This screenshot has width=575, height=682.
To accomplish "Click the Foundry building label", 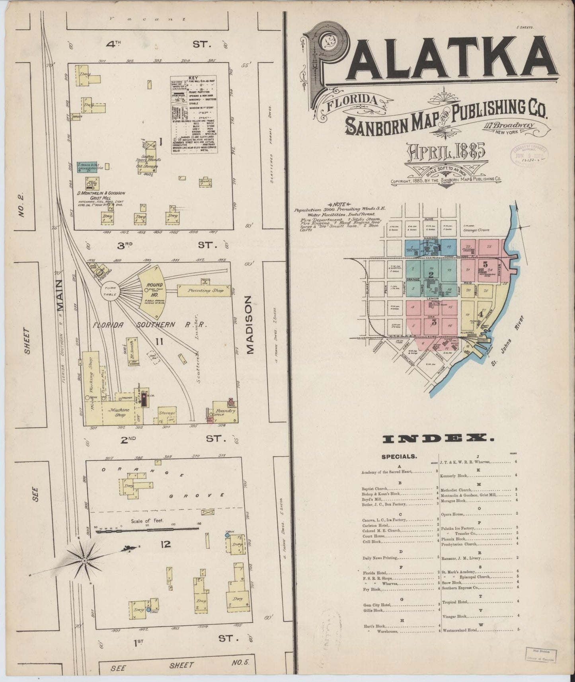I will [224, 411].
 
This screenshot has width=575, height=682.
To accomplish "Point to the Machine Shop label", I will [120, 412].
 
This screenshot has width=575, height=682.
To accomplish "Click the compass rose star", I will [85, 561].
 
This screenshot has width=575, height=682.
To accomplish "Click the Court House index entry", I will [373, 535].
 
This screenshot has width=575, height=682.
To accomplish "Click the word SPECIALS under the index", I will [399, 456].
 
